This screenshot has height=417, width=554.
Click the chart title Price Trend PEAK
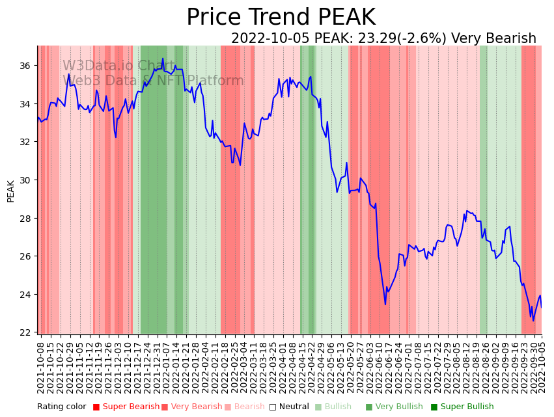pos(281,18)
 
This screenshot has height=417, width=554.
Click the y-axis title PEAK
pos(10,191)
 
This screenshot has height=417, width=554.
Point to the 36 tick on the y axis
pos(25,66)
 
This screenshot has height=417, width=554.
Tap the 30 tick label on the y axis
pos(25,180)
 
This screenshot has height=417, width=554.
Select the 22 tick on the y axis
pos(25,332)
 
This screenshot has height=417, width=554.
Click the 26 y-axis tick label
pos(25,256)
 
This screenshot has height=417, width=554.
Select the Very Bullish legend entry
pos(398,407)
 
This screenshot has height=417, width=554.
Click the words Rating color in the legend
pos(61,407)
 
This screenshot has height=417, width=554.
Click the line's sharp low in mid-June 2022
pos(385,304)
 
